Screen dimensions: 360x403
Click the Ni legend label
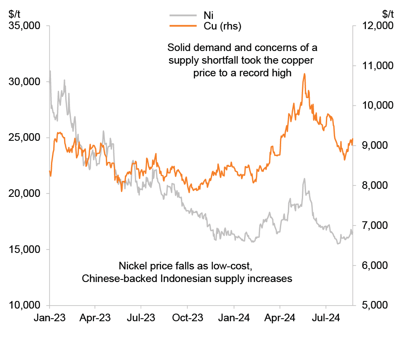[x=208, y=16]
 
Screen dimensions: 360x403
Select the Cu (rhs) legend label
[x=222, y=27]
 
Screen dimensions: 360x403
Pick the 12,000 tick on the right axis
[x=376, y=26]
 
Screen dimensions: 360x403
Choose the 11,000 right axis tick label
[x=376, y=66]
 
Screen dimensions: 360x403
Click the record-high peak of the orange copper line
[x=304, y=74]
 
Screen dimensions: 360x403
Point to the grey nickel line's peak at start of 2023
[x=50, y=71]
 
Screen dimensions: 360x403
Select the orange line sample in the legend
[x=183, y=26]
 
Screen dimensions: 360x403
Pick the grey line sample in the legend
[x=183, y=15]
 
